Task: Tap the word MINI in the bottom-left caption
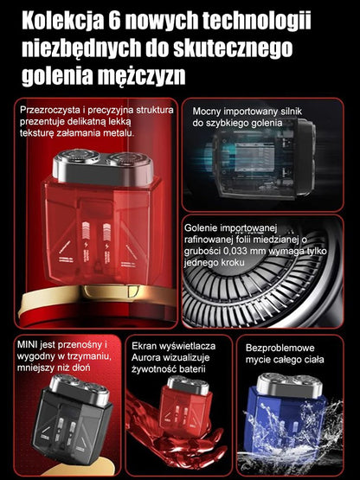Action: click(x=29, y=344)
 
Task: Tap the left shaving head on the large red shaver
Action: click(x=73, y=162)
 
